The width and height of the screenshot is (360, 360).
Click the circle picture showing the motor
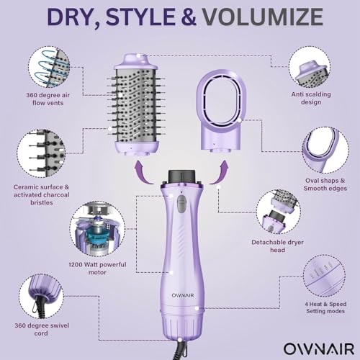96,229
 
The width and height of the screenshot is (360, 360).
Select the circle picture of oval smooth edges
323,150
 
